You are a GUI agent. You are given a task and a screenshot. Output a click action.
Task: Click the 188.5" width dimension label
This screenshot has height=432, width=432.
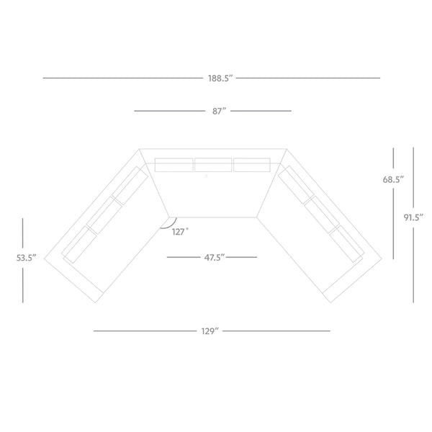220,78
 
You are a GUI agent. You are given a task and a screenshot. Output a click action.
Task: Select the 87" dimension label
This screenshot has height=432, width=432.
219,112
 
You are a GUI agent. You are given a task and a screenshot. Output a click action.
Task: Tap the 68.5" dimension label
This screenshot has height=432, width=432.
393,179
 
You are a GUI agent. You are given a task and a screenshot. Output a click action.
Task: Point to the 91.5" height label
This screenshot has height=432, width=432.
413,217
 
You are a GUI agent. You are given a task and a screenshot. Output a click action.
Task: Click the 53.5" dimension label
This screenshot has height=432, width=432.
27,258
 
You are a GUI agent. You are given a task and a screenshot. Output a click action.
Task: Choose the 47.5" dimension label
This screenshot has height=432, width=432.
215,258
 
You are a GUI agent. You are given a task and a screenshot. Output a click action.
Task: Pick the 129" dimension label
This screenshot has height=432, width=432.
210,331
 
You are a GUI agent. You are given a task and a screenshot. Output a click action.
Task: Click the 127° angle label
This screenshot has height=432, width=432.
181,232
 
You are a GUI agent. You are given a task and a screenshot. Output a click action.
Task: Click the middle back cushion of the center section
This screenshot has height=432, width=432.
213,165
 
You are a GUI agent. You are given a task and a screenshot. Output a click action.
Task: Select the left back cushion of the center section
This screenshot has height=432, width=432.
174,165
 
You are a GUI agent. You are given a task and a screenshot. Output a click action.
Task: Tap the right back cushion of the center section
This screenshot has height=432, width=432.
252,165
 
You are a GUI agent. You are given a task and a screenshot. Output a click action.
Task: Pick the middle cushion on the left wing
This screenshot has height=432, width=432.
104,215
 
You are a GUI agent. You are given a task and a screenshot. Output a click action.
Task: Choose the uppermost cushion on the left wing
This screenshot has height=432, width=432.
130,186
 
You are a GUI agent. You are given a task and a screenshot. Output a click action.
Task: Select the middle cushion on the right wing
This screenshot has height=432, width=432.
322,215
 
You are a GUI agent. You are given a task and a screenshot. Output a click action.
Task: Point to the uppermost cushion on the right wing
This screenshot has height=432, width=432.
296,185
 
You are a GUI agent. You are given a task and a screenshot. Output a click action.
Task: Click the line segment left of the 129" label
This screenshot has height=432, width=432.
145,331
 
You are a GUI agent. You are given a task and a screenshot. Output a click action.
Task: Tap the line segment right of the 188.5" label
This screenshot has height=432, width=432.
308,78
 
